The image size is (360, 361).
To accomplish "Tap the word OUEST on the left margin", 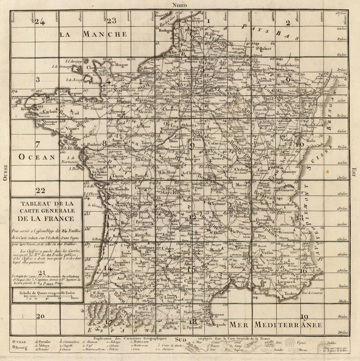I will point(5,172).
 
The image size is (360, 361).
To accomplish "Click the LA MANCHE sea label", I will point(93,34).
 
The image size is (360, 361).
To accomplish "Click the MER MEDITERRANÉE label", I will point(275,324).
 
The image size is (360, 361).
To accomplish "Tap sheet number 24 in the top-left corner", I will point(40,22).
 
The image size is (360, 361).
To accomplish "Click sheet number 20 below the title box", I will point(40,316).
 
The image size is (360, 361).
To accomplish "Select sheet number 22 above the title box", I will point(41,190).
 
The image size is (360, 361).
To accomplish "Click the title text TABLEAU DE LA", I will point(46,204).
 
